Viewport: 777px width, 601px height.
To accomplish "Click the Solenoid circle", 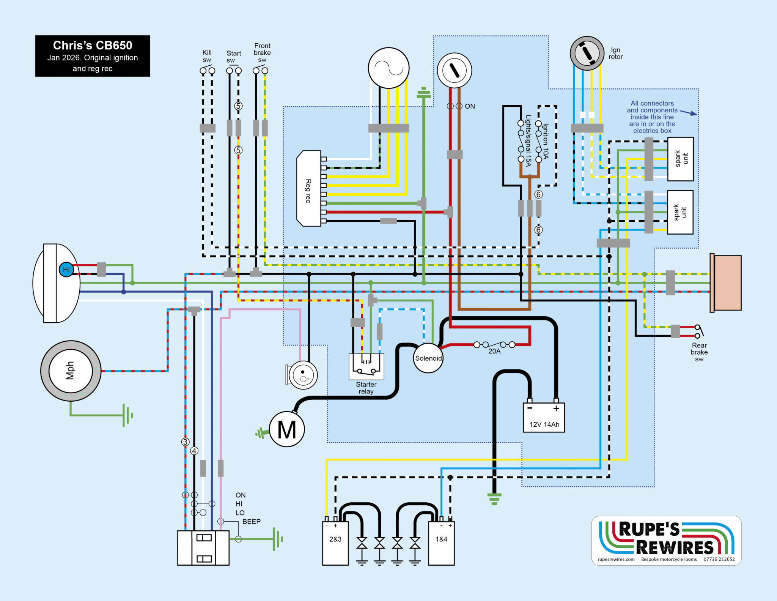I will click(x=428, y=358).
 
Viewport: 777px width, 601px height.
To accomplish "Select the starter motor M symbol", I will click(x=287, y=429).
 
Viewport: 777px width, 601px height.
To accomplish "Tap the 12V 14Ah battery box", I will click(x=544, y=418).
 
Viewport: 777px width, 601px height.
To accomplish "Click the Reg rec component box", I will click(x=309, y=189).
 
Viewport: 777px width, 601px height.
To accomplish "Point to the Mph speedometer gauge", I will click(x=71, y=371).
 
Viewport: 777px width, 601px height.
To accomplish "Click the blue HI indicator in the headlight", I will click(x=66, y=270).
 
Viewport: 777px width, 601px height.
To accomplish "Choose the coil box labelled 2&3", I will click(x=335, y=543).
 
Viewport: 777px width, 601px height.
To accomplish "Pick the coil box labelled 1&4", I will click(x=441, y=543).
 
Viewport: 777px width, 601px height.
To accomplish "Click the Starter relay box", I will click(x=366, y=366).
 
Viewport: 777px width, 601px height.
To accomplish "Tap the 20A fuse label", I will click(x=494, y=352).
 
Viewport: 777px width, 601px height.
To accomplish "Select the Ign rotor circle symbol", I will click(x=587, y=53).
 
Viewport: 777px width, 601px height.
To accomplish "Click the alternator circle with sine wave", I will click(x=388, y=68).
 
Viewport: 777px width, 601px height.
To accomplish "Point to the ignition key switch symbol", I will click(x=454, y=70).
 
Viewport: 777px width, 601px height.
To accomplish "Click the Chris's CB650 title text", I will click(x=93, y=46).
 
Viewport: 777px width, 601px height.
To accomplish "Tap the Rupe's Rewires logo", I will click(x=666, y=540).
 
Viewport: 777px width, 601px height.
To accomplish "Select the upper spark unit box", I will click(x=680, y=159).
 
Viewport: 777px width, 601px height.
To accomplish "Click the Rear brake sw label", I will click(x=699, y=352).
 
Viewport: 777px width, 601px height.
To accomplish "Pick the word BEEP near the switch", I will click(x=252, y=522).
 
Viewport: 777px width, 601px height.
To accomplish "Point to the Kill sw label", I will click(x=207, y=56).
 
